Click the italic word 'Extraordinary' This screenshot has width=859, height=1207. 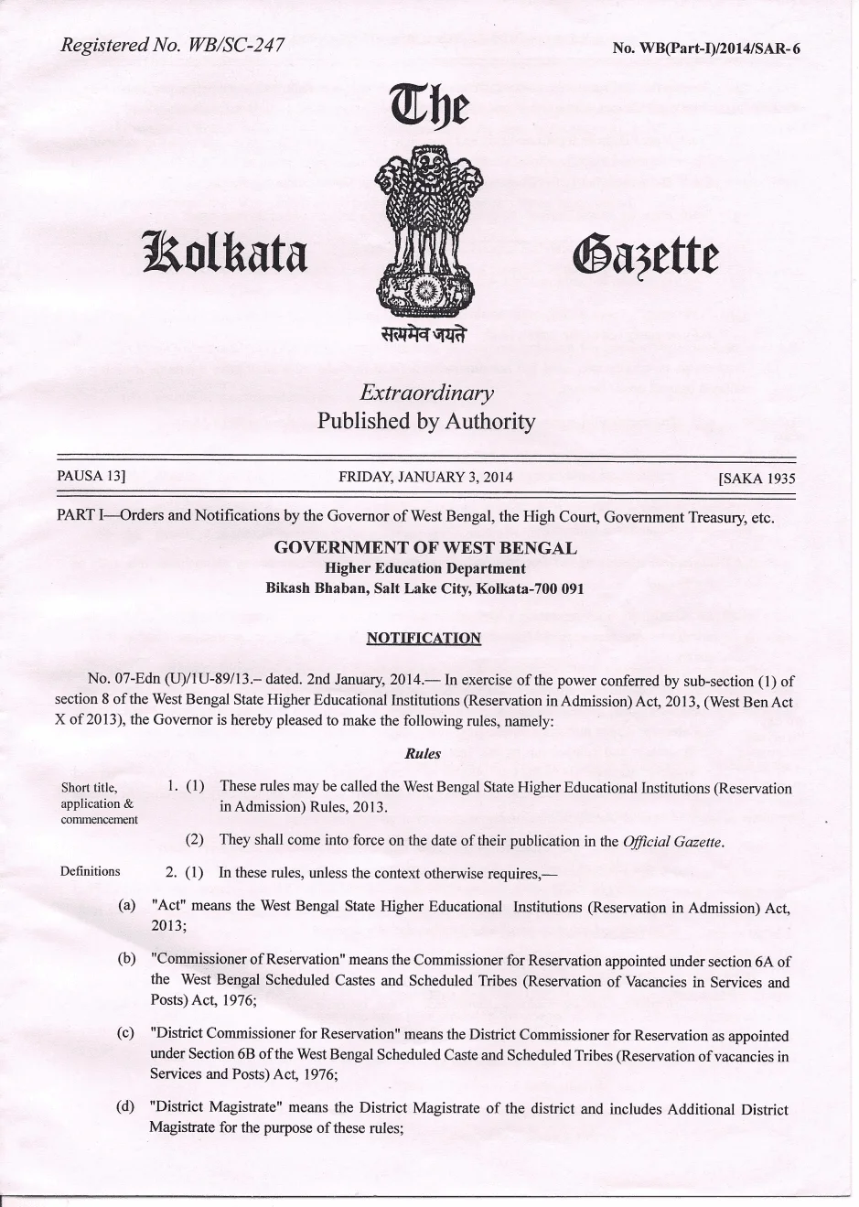click(426, 393)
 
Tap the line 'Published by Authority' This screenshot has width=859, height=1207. click(426, 421)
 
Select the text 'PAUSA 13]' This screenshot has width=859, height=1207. click(91, 476)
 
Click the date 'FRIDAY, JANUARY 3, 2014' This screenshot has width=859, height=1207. click(425, 477)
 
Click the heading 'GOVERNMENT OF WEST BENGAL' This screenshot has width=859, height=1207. click(425, 548)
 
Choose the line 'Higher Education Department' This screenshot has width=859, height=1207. click(425, 568)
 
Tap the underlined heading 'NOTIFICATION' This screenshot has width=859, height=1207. click(423, 638)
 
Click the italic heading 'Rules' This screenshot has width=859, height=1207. click(423, 754)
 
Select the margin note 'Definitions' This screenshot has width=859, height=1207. click(90, 871)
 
